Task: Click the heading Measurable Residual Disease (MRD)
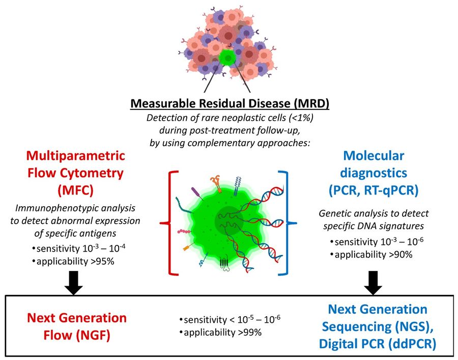tap(230, 103)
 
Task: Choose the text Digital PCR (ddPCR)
tap(377, 344)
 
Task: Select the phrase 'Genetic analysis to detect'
tap(374, 213)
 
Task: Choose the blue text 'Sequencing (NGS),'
tap(377, 326)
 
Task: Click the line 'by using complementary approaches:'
tap(230, 141)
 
